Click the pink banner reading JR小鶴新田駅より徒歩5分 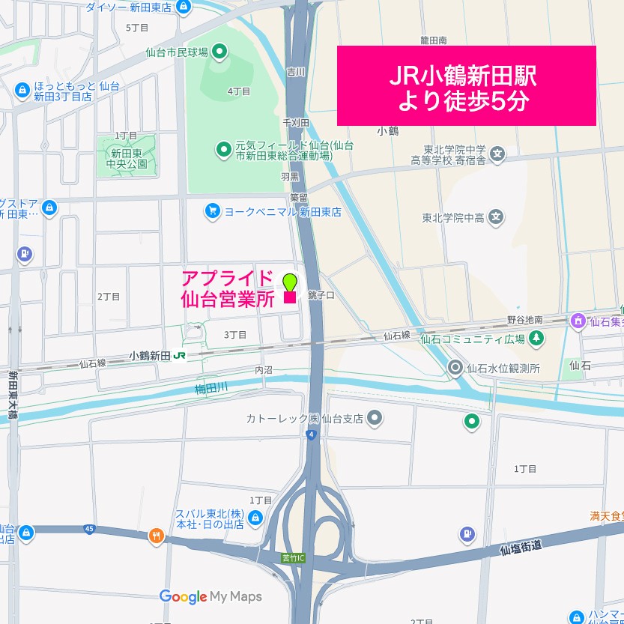pyautogui.click(x=466, y=86)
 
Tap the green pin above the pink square pyautogui.click(x=289, y=282)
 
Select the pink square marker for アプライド pyautogui.click(x=290, y=298)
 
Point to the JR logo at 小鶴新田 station pyautogui.click(x=179, y=356)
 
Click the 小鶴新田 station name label pyautogui.click(x=150, y=356)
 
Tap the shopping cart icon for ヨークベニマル pyautogui.click(x=213, y=212)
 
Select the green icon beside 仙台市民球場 pyautogui.click(x=219, y=52)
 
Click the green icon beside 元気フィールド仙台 pyautogui.click(x=223, y=150)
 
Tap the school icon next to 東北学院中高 pyautogui.click(x=495, y=219)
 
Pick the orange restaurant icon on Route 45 pyautogui.click(x=156, y=536)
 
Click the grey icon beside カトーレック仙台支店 pyautogui.click(x=376, y=418)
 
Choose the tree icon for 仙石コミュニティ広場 pyautogui.click(x=536, y=339)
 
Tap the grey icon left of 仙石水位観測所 pyautogui.click(x=455, y=368)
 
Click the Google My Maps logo pyautogui.click(x=210, y=596)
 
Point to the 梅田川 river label pyautogui.click(x=210, y=387)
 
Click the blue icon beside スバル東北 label pyautogui.click(x=255, y=518)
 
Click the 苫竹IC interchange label pyautogui.click(x=293, y=557)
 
